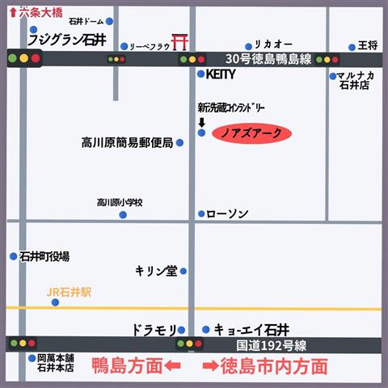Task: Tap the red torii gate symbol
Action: (x=181, y=41)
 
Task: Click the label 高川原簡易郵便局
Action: (x=128, y=143)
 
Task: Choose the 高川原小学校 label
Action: (x=120, y=203)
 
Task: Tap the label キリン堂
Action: (x=156, y=272)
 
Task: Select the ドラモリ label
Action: (x=153, y=330)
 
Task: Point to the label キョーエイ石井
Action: (x=251, y=330)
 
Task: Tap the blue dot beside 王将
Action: (x=352, y=47)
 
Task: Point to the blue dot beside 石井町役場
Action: (x=13, y=256)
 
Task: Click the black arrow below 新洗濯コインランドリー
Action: (x=201, y=121)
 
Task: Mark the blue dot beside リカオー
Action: (x=248, y=47)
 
